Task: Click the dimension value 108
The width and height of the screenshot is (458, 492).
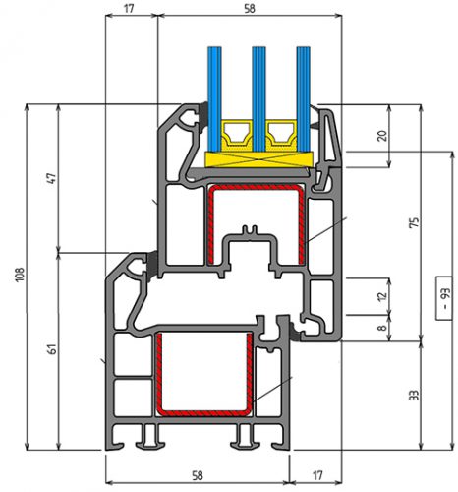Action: (20, 274)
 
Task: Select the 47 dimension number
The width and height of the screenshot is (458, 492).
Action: (52, 178)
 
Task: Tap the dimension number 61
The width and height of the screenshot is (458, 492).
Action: (52, 349)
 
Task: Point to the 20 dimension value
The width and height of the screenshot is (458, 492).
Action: (382, 136)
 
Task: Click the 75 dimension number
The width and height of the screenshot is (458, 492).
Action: (414, 222)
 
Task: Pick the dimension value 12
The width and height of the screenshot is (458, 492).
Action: (382, 296)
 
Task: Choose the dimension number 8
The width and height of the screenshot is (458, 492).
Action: (382, 328)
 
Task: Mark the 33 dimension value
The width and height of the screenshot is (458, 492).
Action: (414, 396)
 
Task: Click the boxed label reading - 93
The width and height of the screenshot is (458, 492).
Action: (444, 298)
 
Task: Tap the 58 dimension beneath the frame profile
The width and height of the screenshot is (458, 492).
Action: (198, 475)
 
